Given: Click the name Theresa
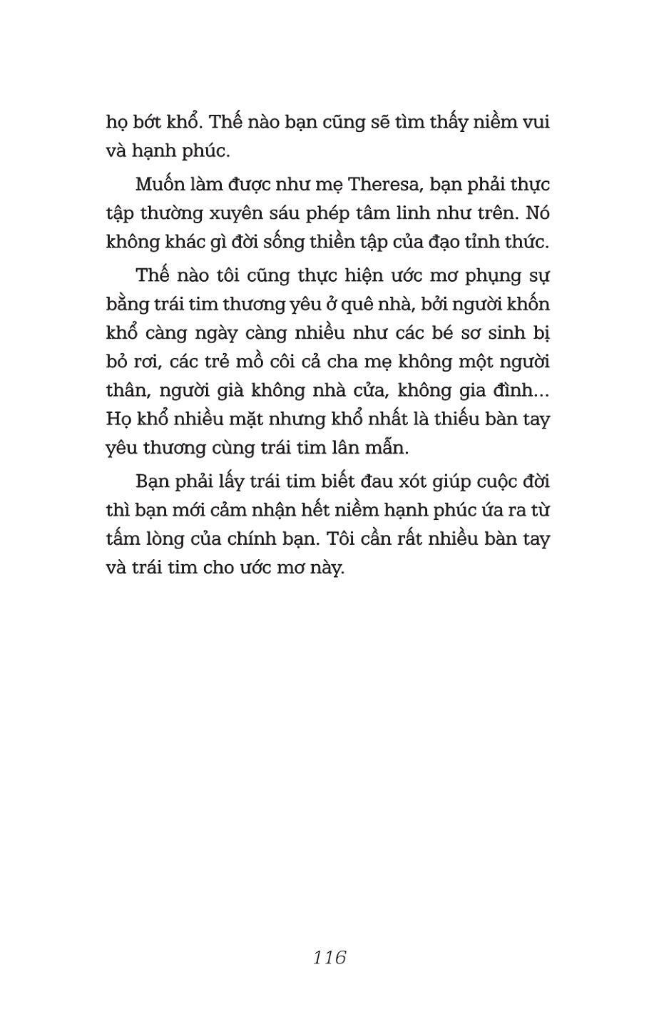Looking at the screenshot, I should (x=377, y=185).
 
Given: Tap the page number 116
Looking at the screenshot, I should (x=329, y=957).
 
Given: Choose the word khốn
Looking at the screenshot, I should (x=528, y=304).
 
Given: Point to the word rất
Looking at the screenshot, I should (x=414, y=538).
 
